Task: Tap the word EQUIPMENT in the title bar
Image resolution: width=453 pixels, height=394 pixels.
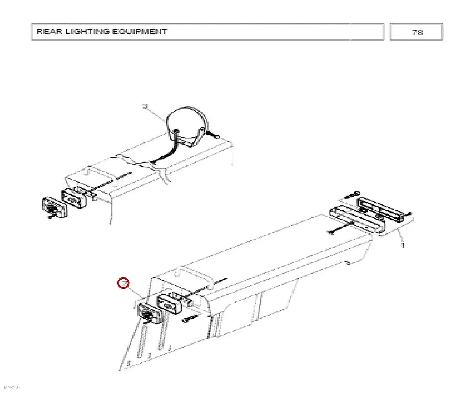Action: coord(139,32)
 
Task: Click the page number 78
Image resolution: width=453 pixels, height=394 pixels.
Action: coord(417,33)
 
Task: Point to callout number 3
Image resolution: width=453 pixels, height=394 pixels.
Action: coord(145,106)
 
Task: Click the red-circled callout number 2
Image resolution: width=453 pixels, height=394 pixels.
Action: coord(125,283)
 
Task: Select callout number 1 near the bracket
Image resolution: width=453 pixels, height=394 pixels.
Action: coord(403,245)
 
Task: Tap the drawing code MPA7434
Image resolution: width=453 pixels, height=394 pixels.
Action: coord(12,388)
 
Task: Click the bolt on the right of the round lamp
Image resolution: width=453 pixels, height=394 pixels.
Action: coord(213,135)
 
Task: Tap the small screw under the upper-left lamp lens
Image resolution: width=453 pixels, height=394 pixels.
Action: coord(51,217)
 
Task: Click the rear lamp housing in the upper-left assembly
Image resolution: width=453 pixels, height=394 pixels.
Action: coord(74,198)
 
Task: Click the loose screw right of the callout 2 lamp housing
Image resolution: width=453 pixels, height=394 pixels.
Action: coord(190,318)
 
